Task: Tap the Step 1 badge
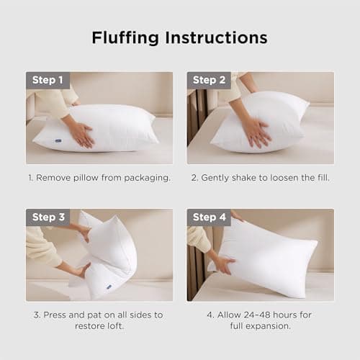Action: pos(48,80)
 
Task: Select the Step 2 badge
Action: pos(209,80)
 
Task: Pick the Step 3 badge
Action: pos(48,217)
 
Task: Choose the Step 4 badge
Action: pos(209,217)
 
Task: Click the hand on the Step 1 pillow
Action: pos(79,133)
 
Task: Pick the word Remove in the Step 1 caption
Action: pos(58,177)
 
